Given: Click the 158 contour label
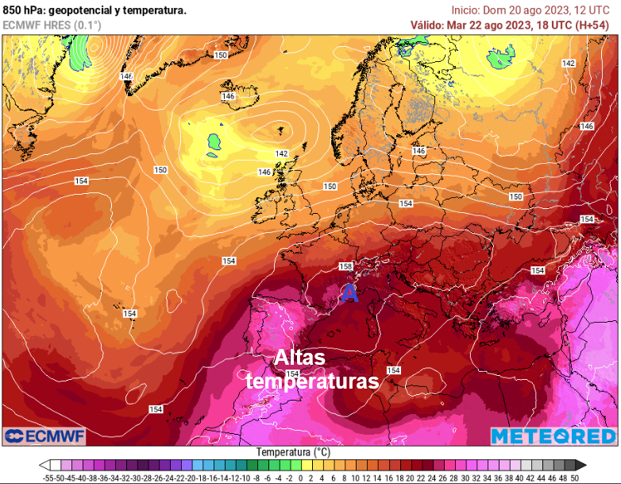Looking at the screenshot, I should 345,266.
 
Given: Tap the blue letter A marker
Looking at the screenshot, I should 349,293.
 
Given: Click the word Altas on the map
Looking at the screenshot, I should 299,358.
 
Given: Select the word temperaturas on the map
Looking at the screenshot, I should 311,381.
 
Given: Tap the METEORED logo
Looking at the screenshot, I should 553,436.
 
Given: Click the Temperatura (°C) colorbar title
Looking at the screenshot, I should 293,451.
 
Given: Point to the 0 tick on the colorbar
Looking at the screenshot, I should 300,478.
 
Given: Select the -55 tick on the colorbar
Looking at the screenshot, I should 49,478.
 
